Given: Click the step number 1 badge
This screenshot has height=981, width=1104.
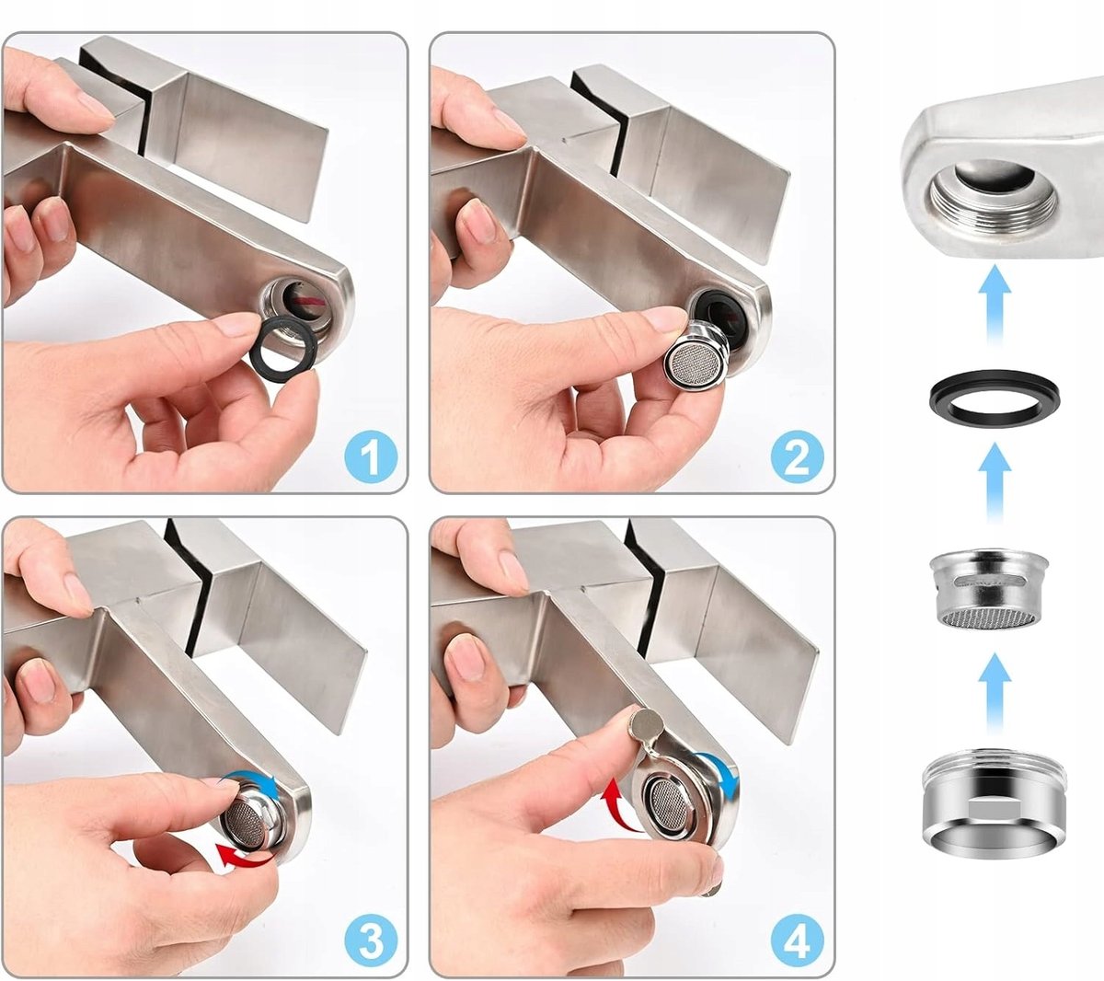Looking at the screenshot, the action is click(371, 456).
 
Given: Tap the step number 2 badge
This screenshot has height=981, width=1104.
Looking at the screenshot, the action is click(798, 456).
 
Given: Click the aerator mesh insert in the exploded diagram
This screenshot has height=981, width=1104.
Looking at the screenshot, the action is click(989, 590).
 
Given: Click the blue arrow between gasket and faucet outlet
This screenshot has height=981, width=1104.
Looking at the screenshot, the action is click(995, 303).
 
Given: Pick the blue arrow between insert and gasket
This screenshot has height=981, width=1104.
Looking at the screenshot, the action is click(995, 482).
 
